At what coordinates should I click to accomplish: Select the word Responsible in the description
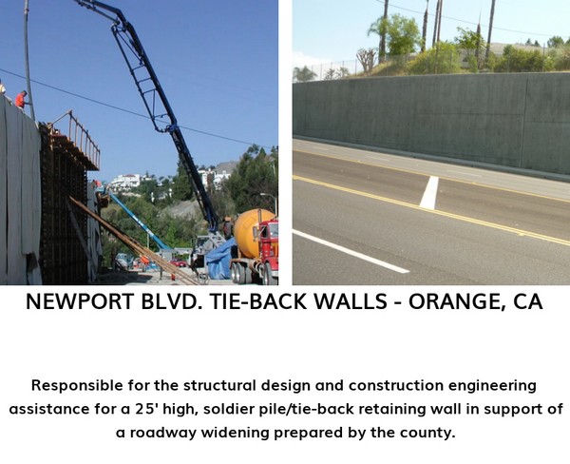point(77,385)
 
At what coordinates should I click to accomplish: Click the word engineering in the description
point(489,386)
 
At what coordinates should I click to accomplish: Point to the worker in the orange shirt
point(21,99)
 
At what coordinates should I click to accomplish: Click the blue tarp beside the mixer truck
point(220,260)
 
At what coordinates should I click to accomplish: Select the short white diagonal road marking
point(429,192)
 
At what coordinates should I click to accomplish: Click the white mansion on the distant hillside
point(125,181)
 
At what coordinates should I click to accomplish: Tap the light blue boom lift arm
point(138,221)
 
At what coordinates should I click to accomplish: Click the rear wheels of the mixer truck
point(239,274)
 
